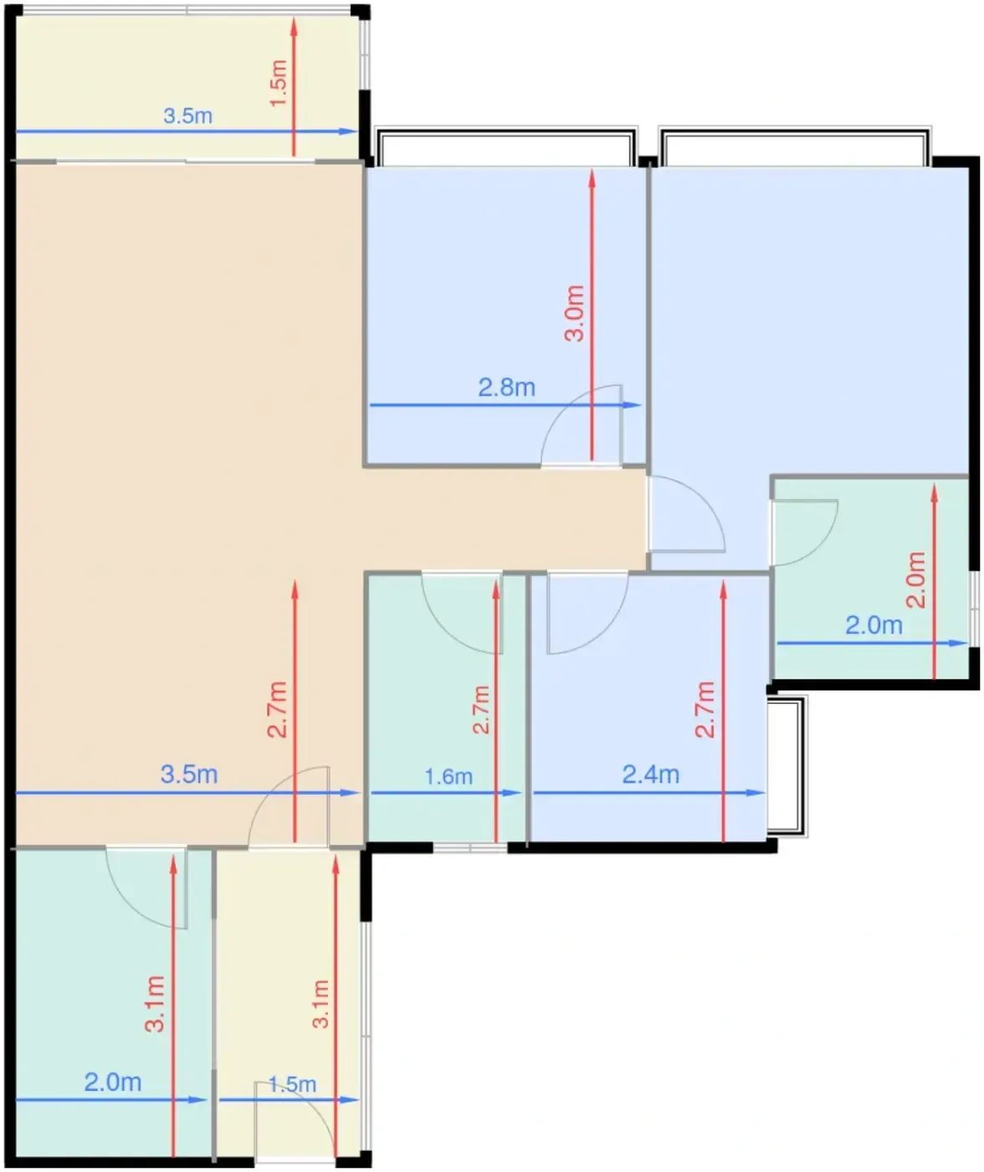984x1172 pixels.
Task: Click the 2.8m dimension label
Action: pyautogui.click(x=506, y=388)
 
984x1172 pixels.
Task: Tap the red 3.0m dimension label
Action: pyautogui.click(x=575, y=314)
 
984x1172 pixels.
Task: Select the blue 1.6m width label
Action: pyautogui.click(x=448, y=777)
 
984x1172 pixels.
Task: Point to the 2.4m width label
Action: pyautogui.click(x=651, y=774)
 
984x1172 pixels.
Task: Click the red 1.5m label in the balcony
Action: pyautogui.click(x=279, y=83)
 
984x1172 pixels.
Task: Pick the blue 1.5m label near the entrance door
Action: pyautogui.click(x=292, y=1084)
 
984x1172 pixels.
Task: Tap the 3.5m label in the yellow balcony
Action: pyautogui.click(x=188, y=116)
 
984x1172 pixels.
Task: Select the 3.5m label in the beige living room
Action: pyautogui.click(x=189, y=774)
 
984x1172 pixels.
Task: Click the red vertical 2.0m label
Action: pyautogui.click(x=915, y=580)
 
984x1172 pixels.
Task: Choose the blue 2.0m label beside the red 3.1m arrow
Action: pyautogui.click(x=113, y=1082)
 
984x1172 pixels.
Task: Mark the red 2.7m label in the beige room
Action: pyautogui.click(x=278, y=710)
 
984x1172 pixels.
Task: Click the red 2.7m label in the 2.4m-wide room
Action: pyautogui.click(x=705, y=710)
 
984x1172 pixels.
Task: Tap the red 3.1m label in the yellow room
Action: pyautogui.click(x=320, y=1005)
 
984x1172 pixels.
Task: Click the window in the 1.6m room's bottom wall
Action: pyautogui.click(x=470, y=847)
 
